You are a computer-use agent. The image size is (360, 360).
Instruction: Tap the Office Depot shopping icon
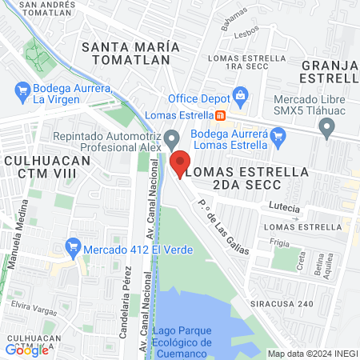pyautogui.click(x=239, y=98)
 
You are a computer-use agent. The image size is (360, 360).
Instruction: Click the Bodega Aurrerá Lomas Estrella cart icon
pyautogui.click(x=278, y=138)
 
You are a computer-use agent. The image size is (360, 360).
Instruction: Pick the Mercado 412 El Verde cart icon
pyautogui.click(x=74, y=246)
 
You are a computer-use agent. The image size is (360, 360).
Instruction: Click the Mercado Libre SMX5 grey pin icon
pyautogui.click(x=326, y=126)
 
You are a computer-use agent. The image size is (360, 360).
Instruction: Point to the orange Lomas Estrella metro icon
pyautogui.click(x=220, y=114)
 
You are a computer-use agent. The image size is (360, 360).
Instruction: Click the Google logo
pyautogui.click(x=26, y=349)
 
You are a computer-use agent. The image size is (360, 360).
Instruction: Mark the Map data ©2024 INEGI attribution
pyautogui.click(x=312, y=353)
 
